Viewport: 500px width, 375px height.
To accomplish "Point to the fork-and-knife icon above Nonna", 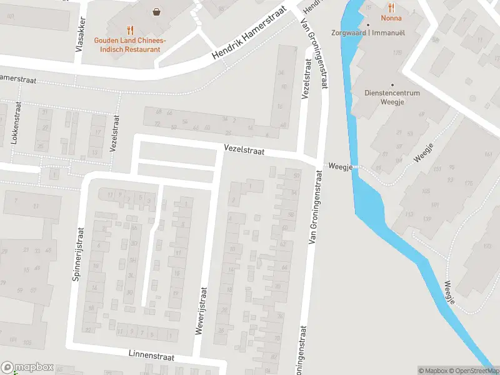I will coord(392,7).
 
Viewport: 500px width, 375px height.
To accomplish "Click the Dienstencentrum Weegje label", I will coord(392,98).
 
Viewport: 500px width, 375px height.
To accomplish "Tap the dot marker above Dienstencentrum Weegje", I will coord(392,84).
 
